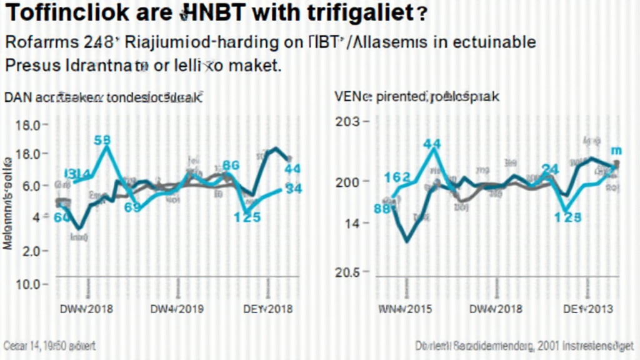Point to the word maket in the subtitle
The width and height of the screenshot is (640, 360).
[256, 65]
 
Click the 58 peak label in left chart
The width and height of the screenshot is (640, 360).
[102, 140]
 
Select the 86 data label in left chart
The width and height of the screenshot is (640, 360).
[231, 166]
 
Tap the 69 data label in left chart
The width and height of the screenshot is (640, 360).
[132, 208]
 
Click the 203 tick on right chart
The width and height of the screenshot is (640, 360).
[347, 122]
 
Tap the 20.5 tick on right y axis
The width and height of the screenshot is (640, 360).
[348, 272]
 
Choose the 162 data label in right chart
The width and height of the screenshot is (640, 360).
[397, 177]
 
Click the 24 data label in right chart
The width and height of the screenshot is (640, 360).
[550, 169]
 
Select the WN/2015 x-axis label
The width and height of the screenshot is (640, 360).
[405, 309]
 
